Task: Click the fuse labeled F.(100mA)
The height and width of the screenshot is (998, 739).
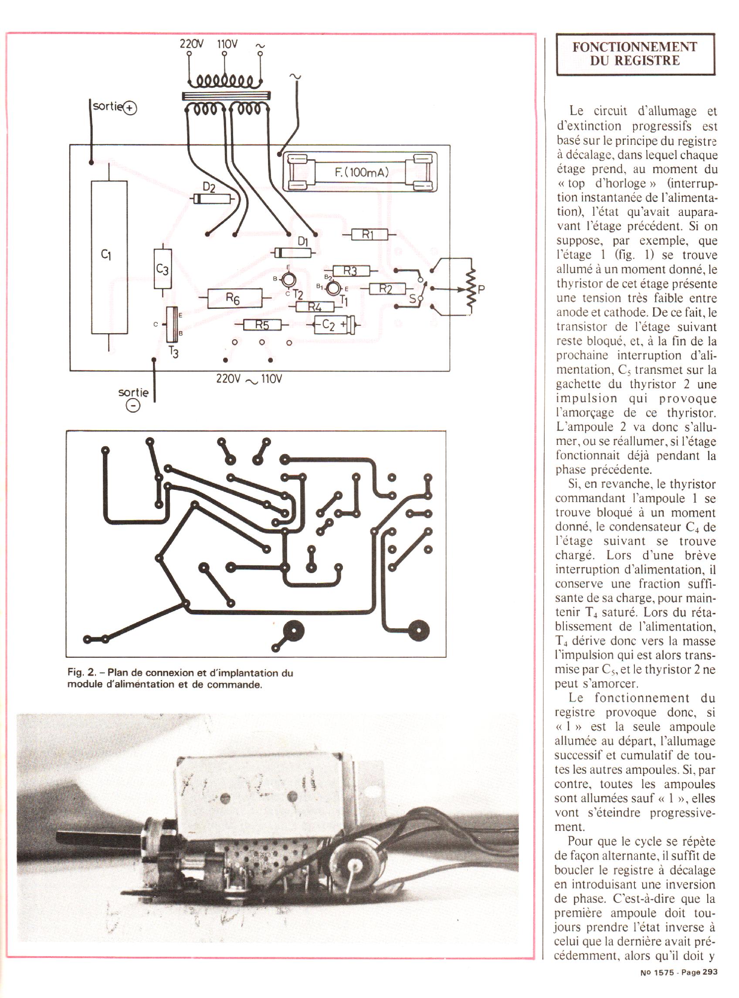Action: click(360, 172)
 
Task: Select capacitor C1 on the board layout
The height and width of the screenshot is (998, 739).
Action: click(109, 257)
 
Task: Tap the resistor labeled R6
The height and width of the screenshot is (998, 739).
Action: click(234, 298)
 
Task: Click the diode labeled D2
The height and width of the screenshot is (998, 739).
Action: click(212, 198)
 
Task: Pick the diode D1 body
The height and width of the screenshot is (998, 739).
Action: click(293, 253)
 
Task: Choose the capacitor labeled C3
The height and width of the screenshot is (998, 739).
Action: click(163, 269)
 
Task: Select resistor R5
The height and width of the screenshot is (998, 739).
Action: click(262, 325)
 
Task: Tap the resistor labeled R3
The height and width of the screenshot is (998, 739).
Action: click(351, 270)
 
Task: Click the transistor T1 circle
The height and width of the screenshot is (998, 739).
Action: click(333, 288)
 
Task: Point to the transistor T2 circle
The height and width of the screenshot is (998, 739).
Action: click(288, 280)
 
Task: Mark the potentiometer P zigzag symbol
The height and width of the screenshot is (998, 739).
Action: click(471, 288)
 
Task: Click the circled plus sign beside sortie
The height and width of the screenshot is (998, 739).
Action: click(130, 108)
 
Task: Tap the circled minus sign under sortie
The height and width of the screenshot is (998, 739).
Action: click(133, 405)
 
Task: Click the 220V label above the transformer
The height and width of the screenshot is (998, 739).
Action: click(191, 44)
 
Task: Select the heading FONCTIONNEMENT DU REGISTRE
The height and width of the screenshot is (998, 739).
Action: click(635, 54)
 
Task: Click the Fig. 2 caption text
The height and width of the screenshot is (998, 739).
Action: click(180, 678)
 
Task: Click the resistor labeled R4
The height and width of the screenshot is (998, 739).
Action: click(315, 307)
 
